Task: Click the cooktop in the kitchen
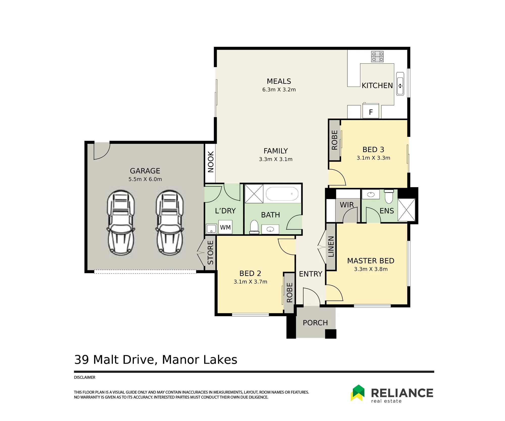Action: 377,57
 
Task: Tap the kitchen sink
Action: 400,84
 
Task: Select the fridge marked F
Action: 371,111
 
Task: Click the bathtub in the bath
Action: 282,194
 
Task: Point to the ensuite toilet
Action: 389,196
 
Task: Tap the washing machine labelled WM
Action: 225,227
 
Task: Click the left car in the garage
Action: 121,222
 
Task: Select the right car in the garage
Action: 170,222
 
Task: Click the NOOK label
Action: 211,162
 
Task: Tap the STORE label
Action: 210,253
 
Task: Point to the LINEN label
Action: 331,247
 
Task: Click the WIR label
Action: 347,205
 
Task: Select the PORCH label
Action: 315,323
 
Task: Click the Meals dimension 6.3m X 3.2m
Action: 279,90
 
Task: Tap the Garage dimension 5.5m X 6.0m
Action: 145,179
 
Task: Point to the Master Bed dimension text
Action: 371,269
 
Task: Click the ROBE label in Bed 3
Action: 335,140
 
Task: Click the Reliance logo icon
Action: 358,393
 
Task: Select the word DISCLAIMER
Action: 85,377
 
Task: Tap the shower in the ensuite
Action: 406,210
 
